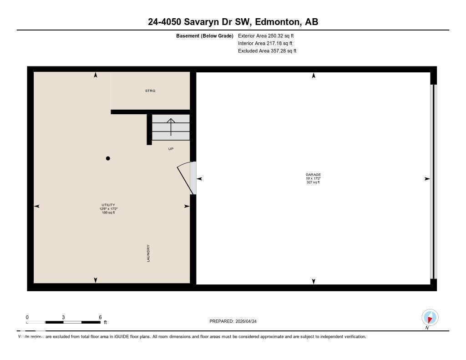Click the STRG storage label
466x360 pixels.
[x=150, y=91]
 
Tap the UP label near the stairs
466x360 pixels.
[x=171, y=149]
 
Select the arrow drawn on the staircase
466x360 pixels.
[x=171, y=127]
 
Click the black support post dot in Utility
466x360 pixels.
[x=108, y=158]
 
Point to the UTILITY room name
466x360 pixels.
[x=108, y=205]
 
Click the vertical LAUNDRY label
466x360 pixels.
[x=148, y=253]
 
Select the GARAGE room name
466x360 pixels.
[x=313, y=175]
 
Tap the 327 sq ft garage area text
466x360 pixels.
[x=313, y=183]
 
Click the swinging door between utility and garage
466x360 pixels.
[x=186, y=177]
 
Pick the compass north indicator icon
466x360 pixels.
[x=430, y=317]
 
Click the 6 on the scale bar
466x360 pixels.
[x=100, y=317]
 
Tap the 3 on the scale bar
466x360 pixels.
[x=63, y=317]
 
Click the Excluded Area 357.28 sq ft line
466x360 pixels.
[x=267, y=51]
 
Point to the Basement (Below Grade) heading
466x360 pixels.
[x=205, y=35]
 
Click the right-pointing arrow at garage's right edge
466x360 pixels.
[x=427, y=179]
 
